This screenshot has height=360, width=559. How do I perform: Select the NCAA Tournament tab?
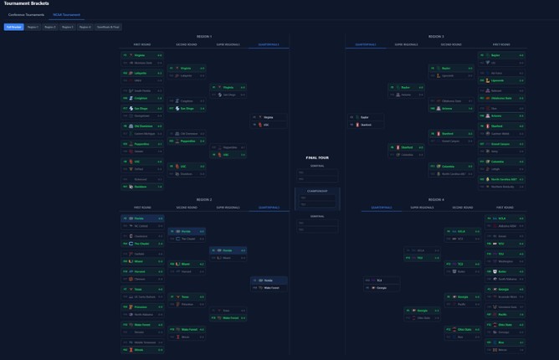coord(66,15)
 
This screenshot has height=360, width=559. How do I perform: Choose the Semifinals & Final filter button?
coord(108,27)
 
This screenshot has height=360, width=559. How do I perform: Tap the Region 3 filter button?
coord(67,27)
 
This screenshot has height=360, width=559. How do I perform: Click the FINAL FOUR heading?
coord(317,157)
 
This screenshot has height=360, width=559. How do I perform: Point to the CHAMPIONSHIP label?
coord(317,190)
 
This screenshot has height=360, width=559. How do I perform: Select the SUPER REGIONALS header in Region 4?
coord(422,208)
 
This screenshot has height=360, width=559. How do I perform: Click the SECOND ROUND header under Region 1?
coord(187,44)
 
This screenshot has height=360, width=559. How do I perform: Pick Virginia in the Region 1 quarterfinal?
coord(269,117)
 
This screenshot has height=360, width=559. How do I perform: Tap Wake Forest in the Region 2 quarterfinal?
coord(271,288)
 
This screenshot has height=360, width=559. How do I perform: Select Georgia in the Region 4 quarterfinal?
coord(382,288)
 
